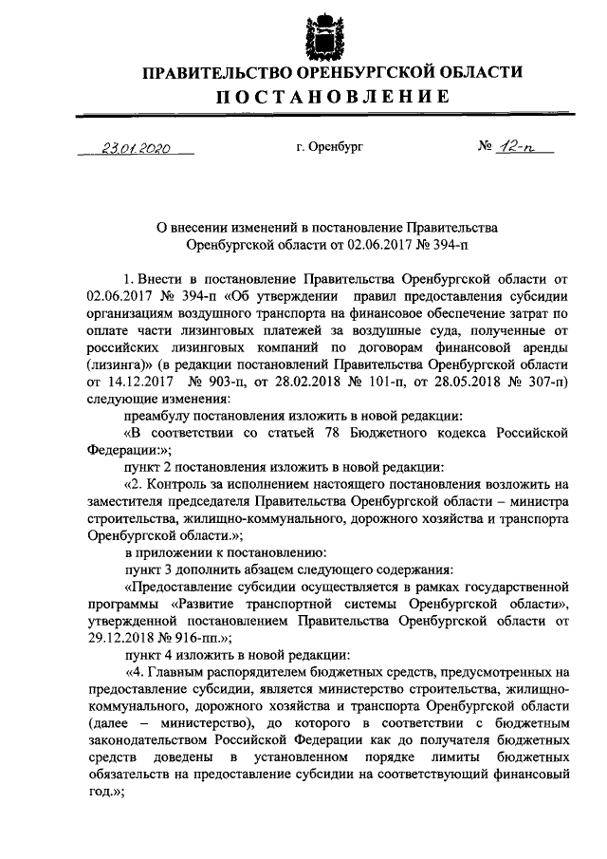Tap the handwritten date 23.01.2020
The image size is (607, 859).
(x=136, y=149)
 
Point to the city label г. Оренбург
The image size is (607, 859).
(x=328, y=147)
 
